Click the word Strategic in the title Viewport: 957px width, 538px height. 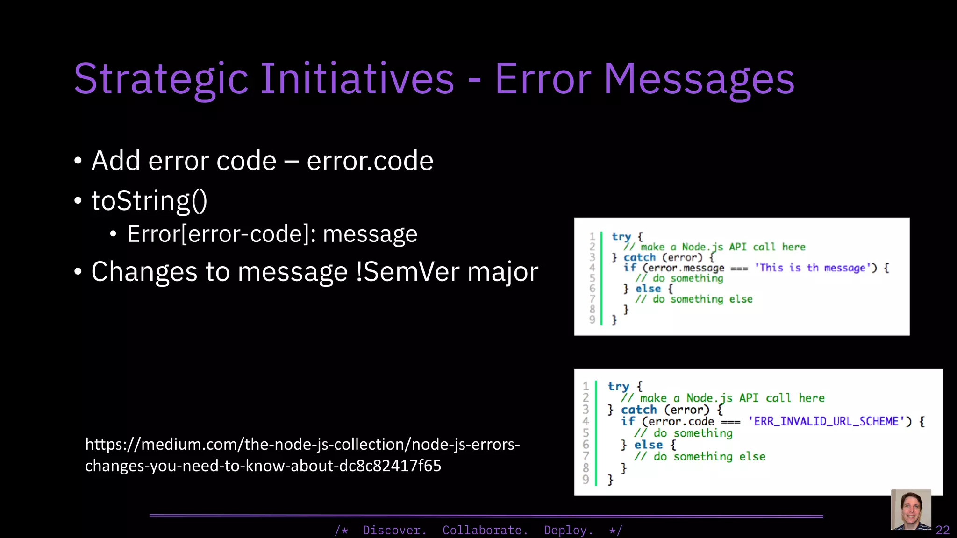(161, 79)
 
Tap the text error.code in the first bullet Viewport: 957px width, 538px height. (370, 161)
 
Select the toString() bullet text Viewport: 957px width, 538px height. (149, 201)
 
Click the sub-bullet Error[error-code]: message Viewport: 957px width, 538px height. (272, 234)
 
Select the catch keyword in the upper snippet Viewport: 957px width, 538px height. (639, 257)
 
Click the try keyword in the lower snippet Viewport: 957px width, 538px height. (618, 386)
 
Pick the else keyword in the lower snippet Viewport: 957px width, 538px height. (648, 445)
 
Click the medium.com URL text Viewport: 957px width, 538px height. (302, 454)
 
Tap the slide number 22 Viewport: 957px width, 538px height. (942, 530)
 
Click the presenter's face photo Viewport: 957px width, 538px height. (911, 510)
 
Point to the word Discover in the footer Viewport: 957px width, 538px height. (394, 530)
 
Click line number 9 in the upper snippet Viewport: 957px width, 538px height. (592, 319)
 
